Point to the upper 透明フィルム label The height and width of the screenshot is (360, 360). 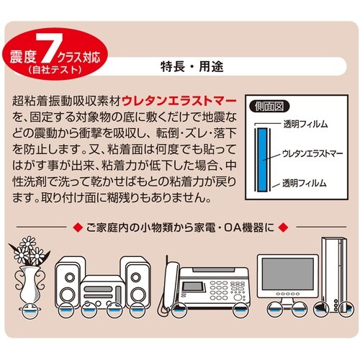click(x=305, y=125)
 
